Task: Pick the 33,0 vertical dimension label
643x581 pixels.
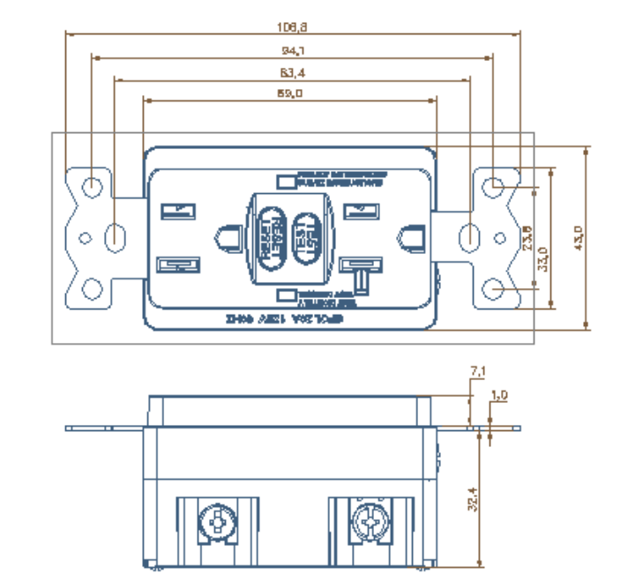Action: coord(543,260)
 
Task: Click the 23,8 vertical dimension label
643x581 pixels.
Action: coord(527,239)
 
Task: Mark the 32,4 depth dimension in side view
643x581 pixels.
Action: coord(473,499)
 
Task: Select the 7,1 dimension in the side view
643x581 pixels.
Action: coord(476,373)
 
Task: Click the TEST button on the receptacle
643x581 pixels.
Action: coord(305,237)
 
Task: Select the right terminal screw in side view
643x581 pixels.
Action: coord(370,522)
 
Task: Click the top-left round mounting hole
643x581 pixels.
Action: coord(92,186)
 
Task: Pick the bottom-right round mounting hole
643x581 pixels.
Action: coord(497,288)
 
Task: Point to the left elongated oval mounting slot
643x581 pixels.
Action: coord(115,236)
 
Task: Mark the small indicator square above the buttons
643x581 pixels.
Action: coord(286,181)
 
